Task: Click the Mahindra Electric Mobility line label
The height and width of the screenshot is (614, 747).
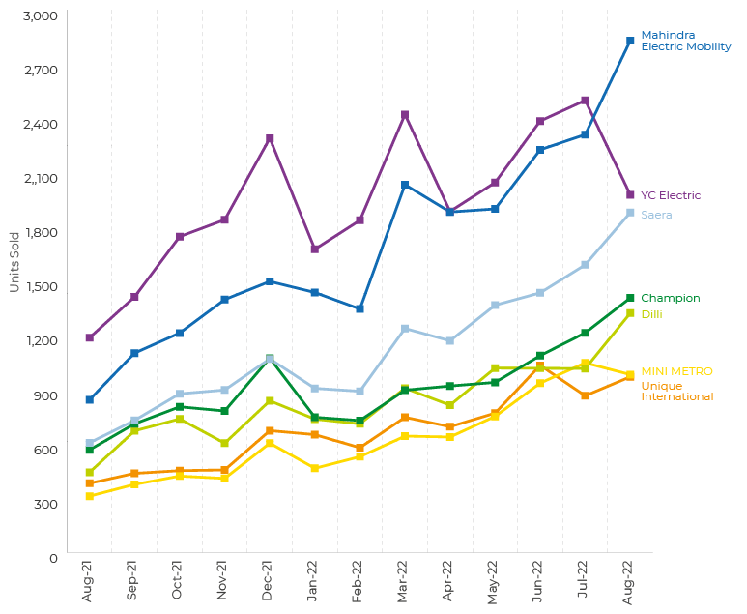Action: [685, 41]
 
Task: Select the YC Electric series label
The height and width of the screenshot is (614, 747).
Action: [671, 195]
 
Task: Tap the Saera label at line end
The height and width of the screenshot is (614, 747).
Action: [656, 215]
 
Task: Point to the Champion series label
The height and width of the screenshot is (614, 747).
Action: [671, 298]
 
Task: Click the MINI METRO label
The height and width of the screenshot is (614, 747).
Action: [676, 371]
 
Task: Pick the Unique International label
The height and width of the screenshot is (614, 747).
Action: [676, 392]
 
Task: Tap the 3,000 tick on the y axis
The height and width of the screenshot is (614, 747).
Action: [40, 16]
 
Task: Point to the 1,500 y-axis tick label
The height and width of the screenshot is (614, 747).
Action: [40, 287]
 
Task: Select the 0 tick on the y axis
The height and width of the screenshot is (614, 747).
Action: [53, 558]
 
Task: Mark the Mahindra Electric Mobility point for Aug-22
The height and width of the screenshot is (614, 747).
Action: [630, 41]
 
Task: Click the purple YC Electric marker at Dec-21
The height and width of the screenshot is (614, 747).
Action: [270, 139]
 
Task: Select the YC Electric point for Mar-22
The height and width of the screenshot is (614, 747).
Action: [405, 115]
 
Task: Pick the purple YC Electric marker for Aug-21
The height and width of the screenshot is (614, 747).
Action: [90, 337]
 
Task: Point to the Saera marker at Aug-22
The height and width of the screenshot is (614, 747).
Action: [630, 213]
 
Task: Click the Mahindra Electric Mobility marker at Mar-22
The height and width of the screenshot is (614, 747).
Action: [405, 185]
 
